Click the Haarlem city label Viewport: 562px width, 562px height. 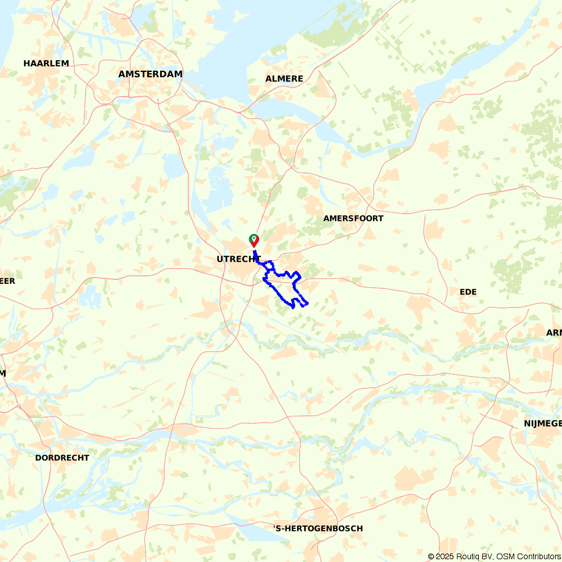click(46, 64)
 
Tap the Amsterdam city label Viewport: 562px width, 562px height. click(151, 74)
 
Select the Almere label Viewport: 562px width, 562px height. click(284, 79)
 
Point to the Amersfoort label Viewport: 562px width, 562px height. click(353, 218)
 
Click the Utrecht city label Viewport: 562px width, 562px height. click(239, 259)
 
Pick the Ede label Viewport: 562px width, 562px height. click(468, 292)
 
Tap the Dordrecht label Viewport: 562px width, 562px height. click(62, 457)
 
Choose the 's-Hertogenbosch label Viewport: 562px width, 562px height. click(318, 528)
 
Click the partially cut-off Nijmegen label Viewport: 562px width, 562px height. click(542, 423)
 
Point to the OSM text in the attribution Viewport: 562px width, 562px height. click(505, 556)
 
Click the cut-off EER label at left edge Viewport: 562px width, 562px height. click(7, 281)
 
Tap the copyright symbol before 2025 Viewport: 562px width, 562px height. click(431, 556)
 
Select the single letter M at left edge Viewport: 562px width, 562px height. click(3, 373)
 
